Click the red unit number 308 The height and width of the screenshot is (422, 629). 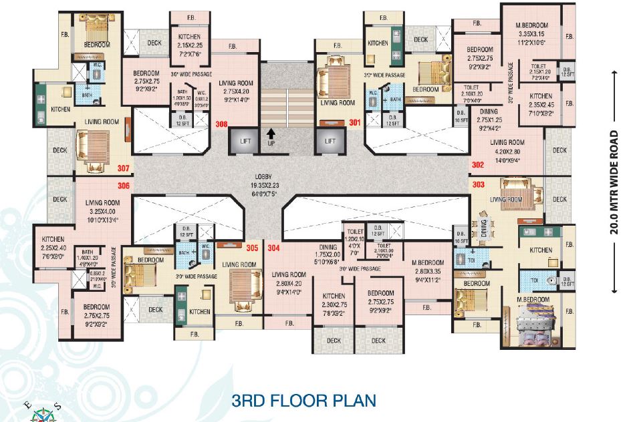[221, 124]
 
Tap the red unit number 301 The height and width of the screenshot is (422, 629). [354, 122]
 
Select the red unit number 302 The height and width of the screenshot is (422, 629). [478, 164]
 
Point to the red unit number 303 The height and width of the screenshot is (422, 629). [478, 183]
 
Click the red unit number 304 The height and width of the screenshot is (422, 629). [273, 248]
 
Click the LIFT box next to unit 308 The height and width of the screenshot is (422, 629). [242, 142]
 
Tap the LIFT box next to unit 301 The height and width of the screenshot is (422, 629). [330, 142]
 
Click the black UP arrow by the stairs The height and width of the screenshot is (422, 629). [271, 136]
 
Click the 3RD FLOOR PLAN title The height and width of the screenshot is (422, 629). [303, 401]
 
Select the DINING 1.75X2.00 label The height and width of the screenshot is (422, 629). [328, 256]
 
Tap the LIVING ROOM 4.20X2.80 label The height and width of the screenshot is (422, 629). [507, 152]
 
